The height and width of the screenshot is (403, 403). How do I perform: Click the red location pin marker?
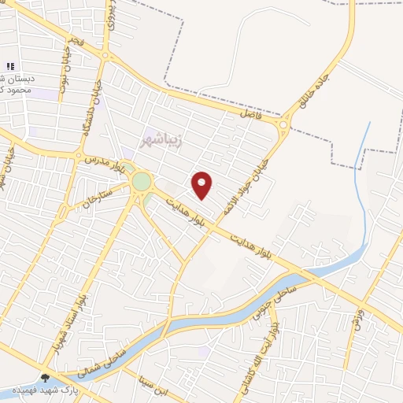point(202,185)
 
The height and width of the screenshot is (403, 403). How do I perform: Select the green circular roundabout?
point(142,182)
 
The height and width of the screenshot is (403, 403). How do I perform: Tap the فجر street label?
point(72,43)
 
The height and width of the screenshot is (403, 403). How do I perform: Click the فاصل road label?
point(250,115)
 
